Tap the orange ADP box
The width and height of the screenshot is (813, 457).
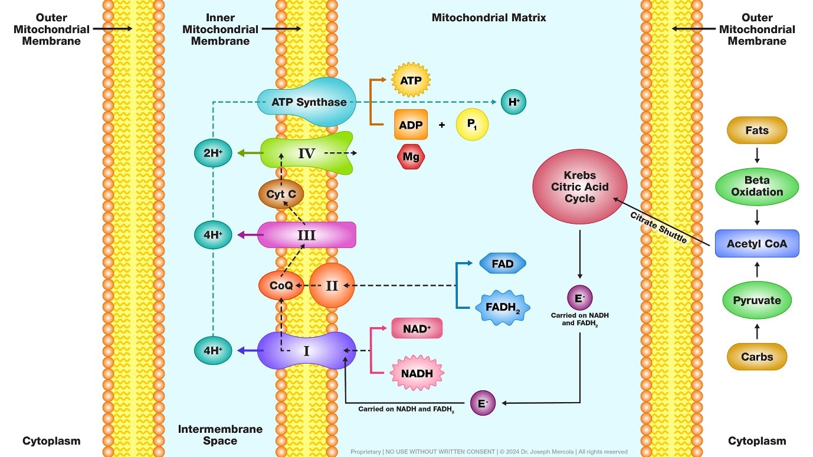[411, 125]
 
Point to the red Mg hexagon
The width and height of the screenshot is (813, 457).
[411, 157]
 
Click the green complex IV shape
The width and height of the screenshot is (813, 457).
[306, 154]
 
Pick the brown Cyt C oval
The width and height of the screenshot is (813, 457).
[281, 193]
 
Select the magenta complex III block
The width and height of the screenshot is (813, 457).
[307, 235]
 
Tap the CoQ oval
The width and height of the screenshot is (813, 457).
[281, 286]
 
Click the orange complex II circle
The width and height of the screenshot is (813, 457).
[332, 286]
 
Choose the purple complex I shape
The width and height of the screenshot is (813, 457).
[307, 351]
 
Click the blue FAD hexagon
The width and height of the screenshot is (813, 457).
[502, 264]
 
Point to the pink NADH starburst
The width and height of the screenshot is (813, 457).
[417, 373]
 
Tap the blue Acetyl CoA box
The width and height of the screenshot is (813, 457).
[756, 243]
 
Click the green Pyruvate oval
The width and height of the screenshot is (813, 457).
[756, 300]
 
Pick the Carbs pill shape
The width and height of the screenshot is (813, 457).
[756, 357]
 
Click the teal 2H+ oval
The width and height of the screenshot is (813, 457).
[212, 154]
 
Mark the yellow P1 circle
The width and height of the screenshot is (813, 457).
[472, 125]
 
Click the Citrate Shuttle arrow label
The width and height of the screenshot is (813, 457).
[658, 227]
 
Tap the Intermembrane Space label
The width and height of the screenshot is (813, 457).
[220, 435]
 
